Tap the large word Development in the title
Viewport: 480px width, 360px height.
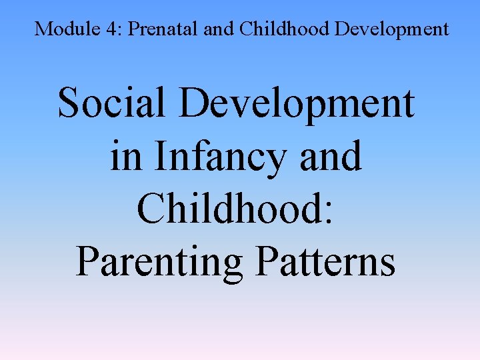[x=302, y=105]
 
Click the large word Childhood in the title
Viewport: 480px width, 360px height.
[x=231, y=209]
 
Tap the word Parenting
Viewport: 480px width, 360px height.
[x=158, y=261]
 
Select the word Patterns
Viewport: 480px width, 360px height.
[x=325, y=261]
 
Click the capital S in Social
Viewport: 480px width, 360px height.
[x=69, y=105]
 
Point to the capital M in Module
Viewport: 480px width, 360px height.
[x=43, y=29]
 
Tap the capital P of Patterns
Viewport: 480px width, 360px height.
[x=266, y=261]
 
